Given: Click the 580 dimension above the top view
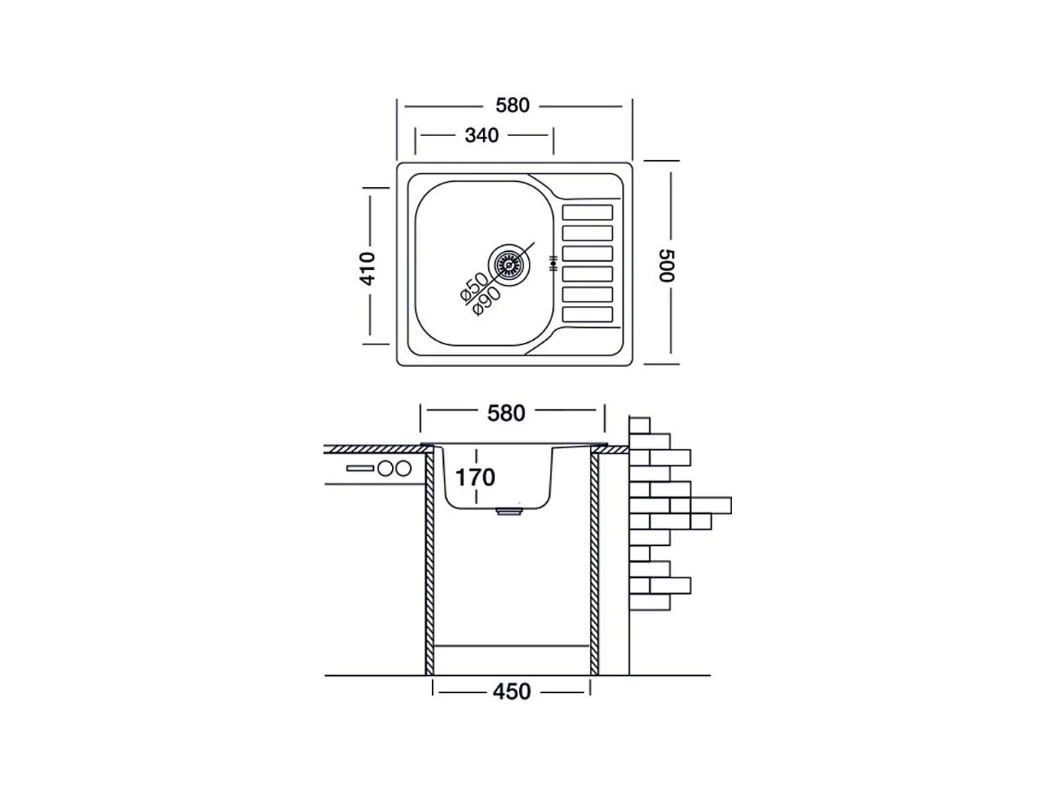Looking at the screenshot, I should tap(512, 105).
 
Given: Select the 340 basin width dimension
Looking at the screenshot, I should tap(481, 135).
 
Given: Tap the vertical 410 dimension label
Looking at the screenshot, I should tap(367, 268).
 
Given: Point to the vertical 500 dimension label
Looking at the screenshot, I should tap(667, 265).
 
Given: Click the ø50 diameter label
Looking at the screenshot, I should tap(473, 287).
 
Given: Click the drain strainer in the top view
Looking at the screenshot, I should tap(509, 265).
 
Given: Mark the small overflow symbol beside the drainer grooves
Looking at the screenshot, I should tap(553, 264).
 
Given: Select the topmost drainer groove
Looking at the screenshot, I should tap(588, 213).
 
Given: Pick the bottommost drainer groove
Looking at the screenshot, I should tap(588, 315).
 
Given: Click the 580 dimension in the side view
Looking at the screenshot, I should tap(506, 413).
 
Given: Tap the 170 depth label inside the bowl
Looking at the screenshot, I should tap(475, 477).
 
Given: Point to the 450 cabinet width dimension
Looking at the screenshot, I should tap(512, 691).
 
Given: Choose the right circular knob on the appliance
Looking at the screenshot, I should tap(403, 468).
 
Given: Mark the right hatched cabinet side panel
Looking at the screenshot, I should tap(594, 560).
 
